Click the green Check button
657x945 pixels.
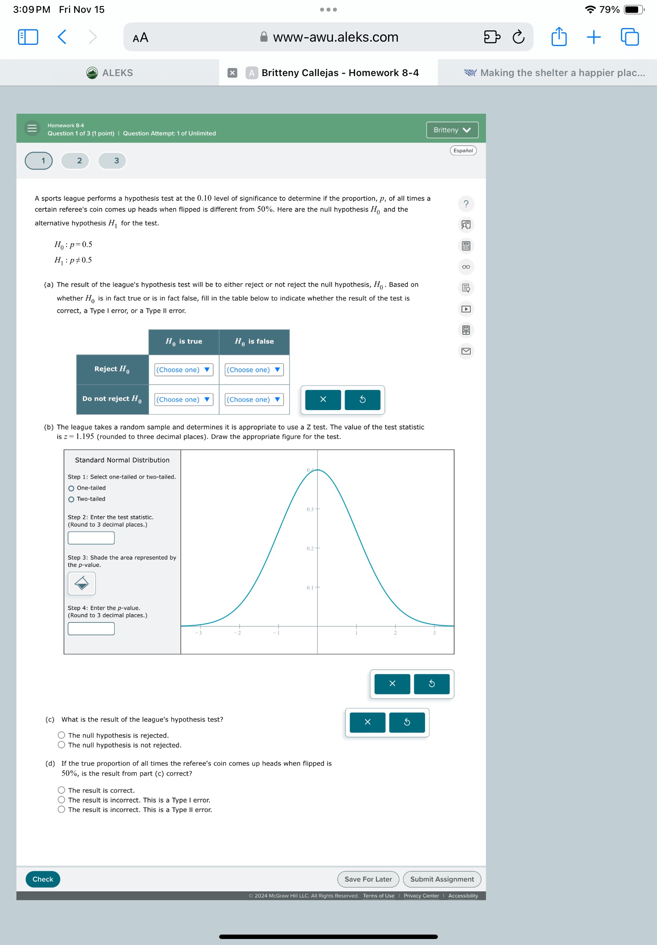[42, 879]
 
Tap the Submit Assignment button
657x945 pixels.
[441, 879]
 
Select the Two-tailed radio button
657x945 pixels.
[71, 499]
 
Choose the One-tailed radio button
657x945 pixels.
[71, 489]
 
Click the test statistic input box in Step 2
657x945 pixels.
[91, 538]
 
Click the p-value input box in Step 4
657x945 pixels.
[91, 629]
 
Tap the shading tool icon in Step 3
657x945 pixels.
[81, 583]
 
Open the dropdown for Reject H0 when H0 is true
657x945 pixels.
[183, 370]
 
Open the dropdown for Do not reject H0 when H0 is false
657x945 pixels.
[254, 399]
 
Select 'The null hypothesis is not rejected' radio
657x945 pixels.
[61, 745]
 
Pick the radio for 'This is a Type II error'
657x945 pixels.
[61, 809]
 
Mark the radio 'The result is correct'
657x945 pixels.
[61, 790]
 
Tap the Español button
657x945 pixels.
[463, 151]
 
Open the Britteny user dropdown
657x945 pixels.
[451, 130]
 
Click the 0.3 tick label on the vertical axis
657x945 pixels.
[310, 509]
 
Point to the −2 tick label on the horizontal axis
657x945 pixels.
[237, 633]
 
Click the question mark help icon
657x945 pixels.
[466, 204]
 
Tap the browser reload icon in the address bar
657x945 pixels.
[518, 37]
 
